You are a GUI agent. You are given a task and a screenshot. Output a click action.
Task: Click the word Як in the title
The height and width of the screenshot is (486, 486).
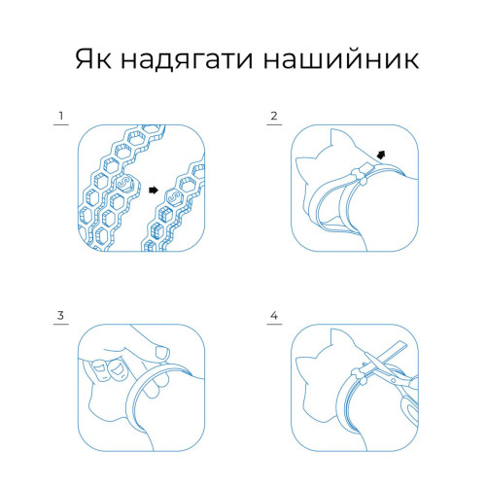tap(93, 59)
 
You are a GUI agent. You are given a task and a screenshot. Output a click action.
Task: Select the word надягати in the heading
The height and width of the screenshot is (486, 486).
tap(187, 60)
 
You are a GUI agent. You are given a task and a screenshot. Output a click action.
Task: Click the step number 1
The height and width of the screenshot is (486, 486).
tap(61, 116)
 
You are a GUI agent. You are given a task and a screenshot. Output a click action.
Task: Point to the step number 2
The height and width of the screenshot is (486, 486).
tap(274, 116)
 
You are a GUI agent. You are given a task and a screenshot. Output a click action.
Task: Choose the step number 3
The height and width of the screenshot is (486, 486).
tap(60, 315)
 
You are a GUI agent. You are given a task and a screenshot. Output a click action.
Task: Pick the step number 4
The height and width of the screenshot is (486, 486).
tap(274, 315)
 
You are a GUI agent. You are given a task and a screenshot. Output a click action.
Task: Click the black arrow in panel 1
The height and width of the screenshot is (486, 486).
tap(154, 191)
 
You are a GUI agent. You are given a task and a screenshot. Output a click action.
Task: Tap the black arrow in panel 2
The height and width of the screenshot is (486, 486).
tap(381, 156)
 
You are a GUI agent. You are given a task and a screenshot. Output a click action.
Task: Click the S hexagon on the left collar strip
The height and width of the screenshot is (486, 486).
tap(123, 183)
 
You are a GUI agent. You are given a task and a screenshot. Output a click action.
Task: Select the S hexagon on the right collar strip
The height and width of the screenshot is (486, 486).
tap(175, 197)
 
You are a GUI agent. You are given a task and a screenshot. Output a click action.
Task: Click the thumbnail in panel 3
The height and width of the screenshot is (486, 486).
tap(162, 352)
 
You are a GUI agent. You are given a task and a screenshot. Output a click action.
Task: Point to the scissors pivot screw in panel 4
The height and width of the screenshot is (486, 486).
tap(394, 380)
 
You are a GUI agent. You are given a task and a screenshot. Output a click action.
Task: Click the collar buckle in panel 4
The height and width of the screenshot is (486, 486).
tap(359, 376)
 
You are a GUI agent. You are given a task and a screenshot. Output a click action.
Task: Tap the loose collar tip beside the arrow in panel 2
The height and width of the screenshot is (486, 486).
tap(369, 167)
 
